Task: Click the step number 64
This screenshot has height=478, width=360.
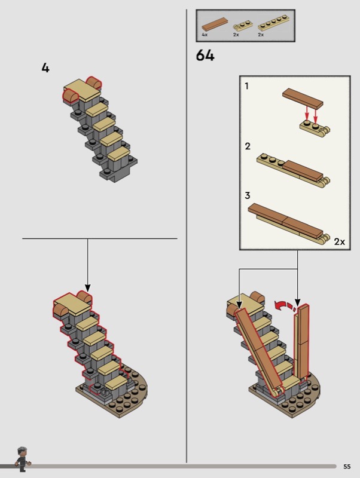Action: tap(205, 56)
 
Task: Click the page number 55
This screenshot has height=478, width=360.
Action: tap(347, 467)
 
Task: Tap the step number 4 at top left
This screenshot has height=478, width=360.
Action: tap(45, 68)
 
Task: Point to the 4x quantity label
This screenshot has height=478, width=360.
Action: tap(205, 35)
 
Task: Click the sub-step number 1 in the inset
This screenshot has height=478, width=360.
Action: tap(247, 87)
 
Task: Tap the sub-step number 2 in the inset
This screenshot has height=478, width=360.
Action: tap(247, 146)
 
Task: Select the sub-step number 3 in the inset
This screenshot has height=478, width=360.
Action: tap(247, 195)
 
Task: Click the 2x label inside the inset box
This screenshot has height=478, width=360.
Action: tap(340, 241)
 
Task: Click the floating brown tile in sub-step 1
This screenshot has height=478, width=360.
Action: tap(303, 97)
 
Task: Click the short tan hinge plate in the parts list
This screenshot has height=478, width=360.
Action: tap(242, 25)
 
